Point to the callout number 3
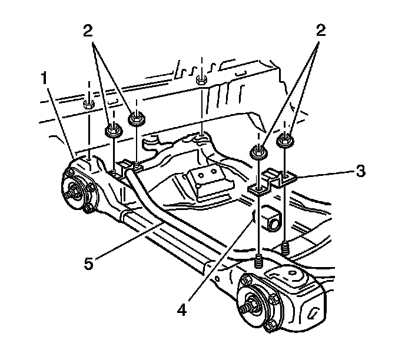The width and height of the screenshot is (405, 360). tap(361, 172)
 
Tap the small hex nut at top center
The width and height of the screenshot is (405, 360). tap(201, 81)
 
